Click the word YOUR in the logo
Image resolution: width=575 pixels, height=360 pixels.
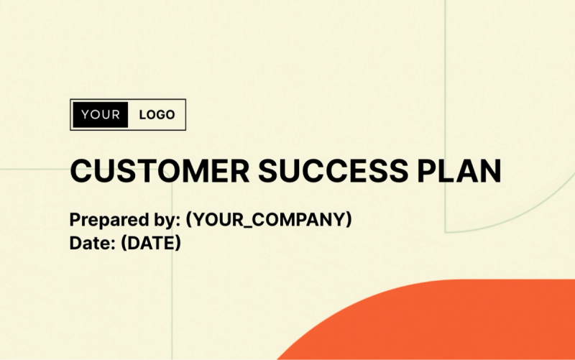pos(101,115)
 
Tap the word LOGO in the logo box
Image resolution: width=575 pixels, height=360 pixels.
pos(157,115)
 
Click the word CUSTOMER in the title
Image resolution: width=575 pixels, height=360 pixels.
pos(160,172)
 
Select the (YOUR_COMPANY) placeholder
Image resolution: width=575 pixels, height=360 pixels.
pos(269,220)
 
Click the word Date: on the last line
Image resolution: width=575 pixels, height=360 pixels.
pos(92,244)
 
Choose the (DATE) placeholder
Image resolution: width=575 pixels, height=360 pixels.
pos(151,244)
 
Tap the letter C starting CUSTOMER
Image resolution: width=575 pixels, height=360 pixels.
pos(81,172)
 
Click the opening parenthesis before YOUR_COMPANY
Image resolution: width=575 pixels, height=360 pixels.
pos(189,220)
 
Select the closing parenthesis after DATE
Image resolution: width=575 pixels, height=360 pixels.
pos(178,244)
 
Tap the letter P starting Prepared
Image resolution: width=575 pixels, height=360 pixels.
pos(75,220)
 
